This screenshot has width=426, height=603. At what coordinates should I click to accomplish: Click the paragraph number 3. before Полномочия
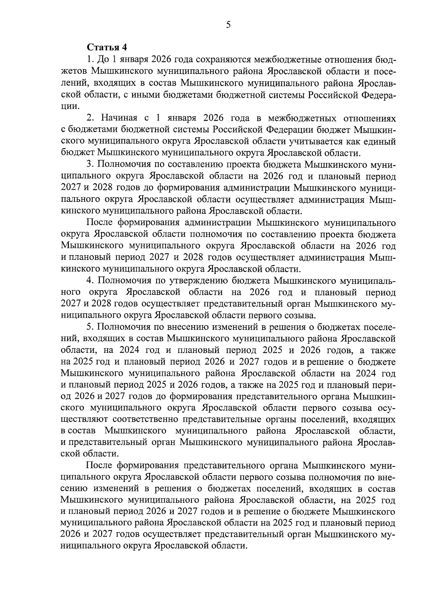click(x=90, y=165)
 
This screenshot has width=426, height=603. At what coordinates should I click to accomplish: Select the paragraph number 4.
click(x=90, y=280)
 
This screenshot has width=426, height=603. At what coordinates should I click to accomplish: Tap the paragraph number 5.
click(x=90, y=327)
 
